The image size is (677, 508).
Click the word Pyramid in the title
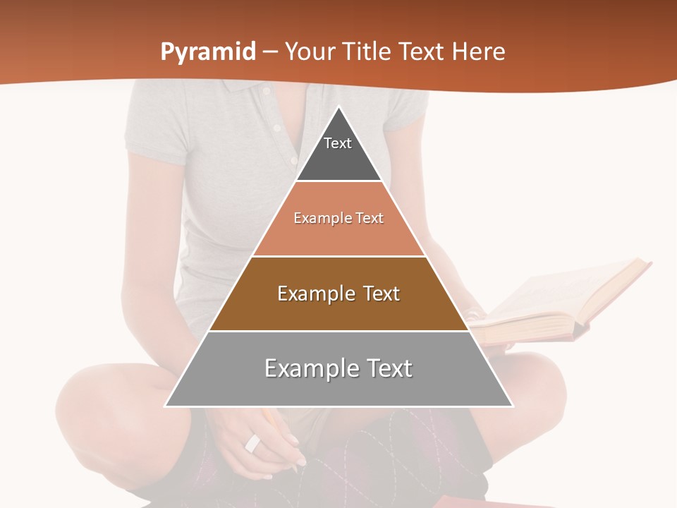208,52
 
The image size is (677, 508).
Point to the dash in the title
269,52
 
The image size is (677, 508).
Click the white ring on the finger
252,443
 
